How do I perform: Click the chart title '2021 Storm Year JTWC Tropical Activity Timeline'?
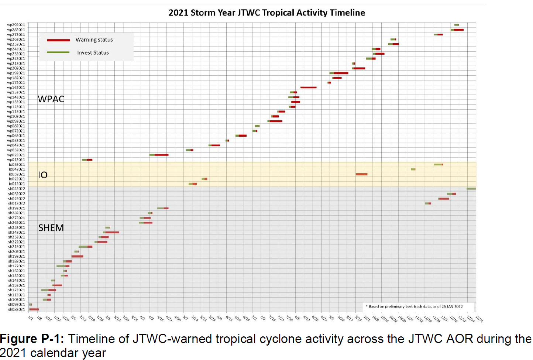click(266, 13)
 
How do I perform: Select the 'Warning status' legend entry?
click(94, 40)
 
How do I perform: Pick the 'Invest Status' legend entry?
click(93, 53)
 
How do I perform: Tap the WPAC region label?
click(51, 99)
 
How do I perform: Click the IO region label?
click(43, 175)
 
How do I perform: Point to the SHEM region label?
click(51, 228)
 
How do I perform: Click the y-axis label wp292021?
click(16, 25)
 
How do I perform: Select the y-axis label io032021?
click(17, 174)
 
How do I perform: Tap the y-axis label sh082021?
click(17, 309)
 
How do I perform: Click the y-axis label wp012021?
click(16, 160)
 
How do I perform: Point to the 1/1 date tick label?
click(31, 318)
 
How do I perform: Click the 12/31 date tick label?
click(479, 319)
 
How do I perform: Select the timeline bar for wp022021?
click(159, 155)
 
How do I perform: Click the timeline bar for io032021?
click(361, 174)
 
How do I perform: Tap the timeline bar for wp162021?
click(308, 88)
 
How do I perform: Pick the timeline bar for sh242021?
click(111, 232)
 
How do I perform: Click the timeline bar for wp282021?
click(457, 30)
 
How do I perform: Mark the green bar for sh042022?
click(471, 189)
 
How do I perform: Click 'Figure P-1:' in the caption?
click(32, 339)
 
